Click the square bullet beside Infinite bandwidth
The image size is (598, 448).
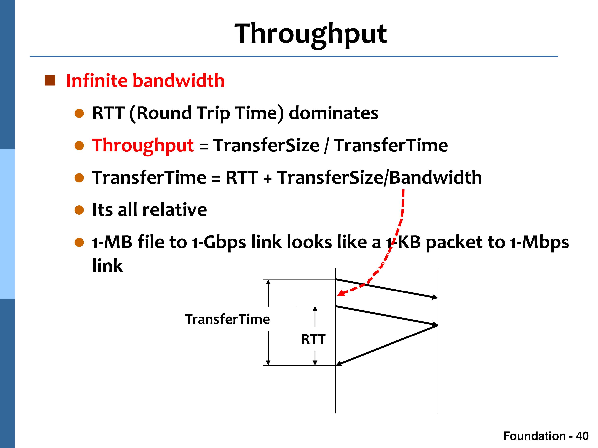(50, 80)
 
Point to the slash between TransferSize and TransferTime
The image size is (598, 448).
(327, 146)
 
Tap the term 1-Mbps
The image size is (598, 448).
(540, 243)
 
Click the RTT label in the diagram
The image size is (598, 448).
(313, 339)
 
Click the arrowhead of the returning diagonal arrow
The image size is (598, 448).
(338, 364)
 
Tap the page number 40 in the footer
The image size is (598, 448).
(582, 436)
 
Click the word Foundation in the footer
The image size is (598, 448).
(534, 436)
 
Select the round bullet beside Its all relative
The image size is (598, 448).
(79, 210)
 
